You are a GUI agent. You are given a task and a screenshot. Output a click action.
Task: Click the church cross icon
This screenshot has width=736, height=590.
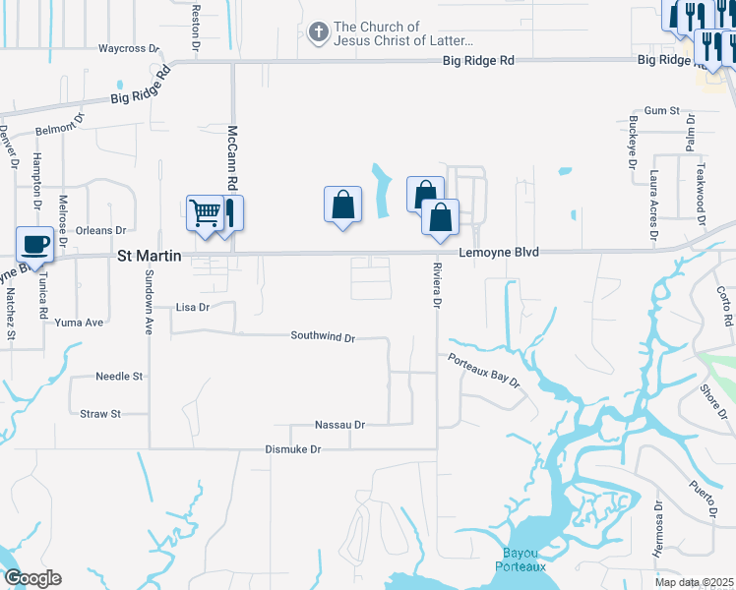(318, 33)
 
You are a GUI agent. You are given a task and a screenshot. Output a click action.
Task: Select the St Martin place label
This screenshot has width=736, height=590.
(150, 256)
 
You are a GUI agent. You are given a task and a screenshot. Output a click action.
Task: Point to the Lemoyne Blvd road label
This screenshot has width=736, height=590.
(499, 253)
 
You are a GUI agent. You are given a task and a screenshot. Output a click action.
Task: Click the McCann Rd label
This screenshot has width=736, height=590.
(233, 157)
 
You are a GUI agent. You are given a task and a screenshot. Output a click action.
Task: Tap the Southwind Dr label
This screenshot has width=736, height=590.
(323, 336)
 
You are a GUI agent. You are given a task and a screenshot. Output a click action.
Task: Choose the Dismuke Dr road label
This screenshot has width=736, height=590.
(293, 449)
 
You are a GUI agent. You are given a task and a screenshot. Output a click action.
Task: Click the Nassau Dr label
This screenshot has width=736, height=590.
(339, 425)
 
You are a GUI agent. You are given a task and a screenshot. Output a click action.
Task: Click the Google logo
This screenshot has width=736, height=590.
(31, 578)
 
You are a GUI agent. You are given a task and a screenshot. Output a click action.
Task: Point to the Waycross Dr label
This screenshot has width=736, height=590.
(129, 47)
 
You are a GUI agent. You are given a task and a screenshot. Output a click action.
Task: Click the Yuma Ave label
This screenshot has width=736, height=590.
(79, 323)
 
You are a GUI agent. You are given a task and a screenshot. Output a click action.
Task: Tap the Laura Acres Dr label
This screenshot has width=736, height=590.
(652, 204)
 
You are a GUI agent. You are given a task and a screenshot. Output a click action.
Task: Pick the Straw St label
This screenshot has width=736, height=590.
(99, 414)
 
